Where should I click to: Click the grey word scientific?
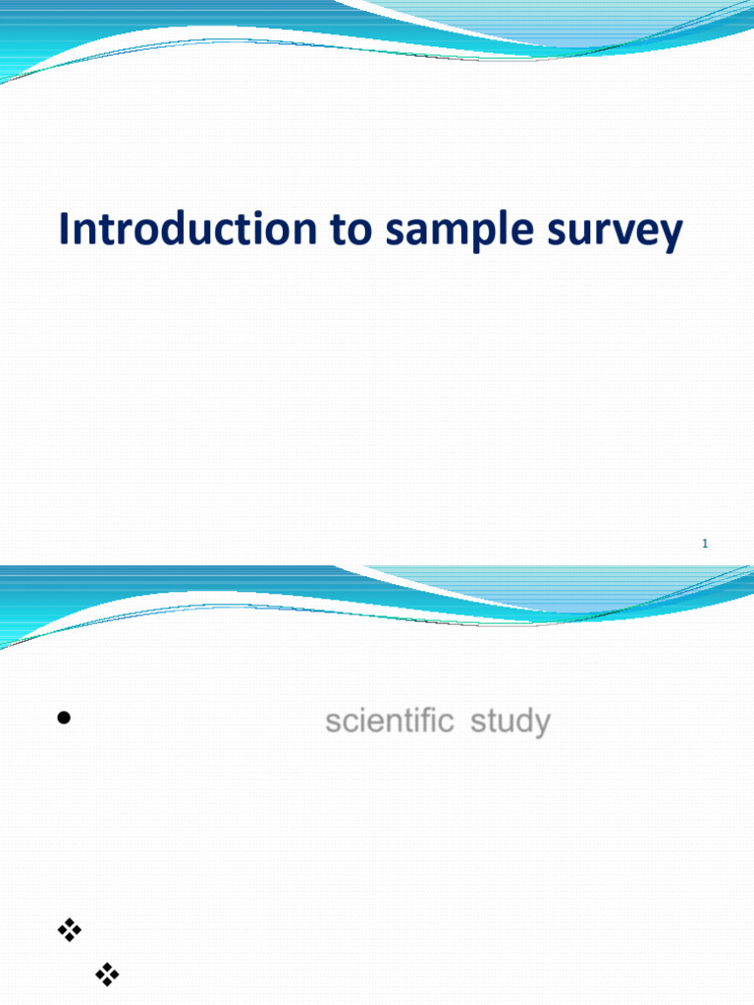389,722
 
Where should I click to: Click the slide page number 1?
705,544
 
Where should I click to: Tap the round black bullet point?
64,717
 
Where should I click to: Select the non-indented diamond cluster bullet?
69,929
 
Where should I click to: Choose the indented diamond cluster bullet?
107,974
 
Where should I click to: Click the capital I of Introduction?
64,230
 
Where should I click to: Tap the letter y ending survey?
670,236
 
